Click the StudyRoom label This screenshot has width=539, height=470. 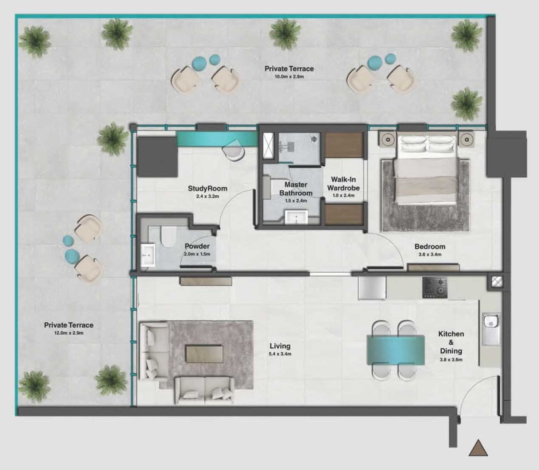click(x=207, y=188)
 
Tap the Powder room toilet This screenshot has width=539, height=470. click(x=168, y=236)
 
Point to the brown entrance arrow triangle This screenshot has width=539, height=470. click(x=478, y=448)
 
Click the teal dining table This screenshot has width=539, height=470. click(x=396, y=350)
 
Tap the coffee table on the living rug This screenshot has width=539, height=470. click(x=204, y=353)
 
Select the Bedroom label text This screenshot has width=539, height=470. click(x=430, y=247)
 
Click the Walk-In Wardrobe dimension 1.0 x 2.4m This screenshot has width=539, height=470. click(x=343, y=196)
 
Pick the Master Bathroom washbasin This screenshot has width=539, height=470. click(x=296, y=217)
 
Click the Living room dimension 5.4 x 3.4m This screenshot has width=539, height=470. click(x=280, y=354)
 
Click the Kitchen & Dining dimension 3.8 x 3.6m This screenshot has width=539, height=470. click(x=451, y=359)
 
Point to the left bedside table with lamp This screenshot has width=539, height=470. click(x=388, y=139)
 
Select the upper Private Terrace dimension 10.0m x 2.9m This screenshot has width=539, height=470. click(x=289, y=77)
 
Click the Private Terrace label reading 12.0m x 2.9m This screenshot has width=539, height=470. click(x=69, y=333)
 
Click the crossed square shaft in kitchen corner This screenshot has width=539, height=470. click(x=496, y=281)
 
